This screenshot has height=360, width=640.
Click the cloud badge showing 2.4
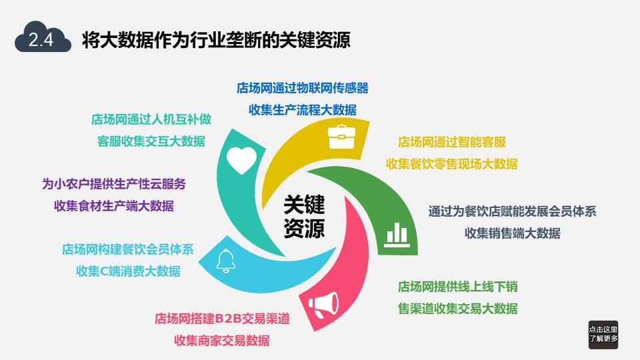43,37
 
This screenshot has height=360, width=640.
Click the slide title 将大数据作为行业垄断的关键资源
216,39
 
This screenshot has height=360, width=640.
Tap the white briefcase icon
341,137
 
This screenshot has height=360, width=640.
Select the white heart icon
241,160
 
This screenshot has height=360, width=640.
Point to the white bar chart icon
396,235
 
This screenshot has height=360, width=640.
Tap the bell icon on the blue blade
226,261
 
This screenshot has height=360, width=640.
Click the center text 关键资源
304,216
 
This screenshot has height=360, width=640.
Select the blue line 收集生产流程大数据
303,110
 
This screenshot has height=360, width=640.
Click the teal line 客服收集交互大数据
151,141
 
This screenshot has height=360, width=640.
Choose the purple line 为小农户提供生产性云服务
114,184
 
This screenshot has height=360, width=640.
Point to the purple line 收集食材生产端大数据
114,206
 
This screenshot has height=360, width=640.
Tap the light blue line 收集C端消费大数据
128,271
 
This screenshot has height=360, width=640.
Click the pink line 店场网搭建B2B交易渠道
222,319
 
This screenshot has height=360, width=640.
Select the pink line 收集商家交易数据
221,341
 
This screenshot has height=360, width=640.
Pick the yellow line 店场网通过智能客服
452,142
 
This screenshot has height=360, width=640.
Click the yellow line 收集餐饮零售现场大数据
452,164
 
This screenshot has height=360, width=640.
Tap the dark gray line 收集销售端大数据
512,233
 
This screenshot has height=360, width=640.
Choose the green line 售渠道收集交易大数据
457,309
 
